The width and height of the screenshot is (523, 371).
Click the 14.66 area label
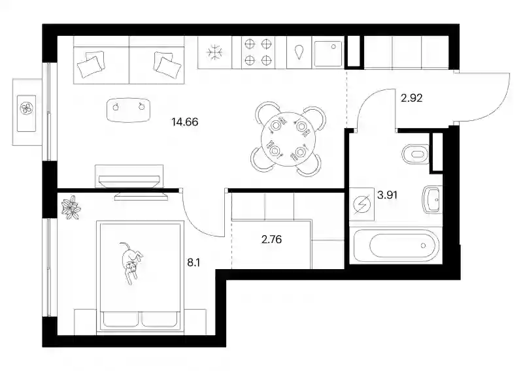tap(185, 122)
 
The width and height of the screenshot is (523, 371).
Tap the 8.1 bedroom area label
tap(194, 263)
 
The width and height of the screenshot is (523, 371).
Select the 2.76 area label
tap(271, 239)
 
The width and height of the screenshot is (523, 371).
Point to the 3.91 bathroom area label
tap(387, 195)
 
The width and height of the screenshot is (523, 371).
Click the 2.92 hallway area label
tap(412, 98)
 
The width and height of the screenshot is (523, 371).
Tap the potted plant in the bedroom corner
tap(71, 207)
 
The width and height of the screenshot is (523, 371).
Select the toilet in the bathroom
tap(415, 154)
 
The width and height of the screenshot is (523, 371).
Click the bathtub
tap(396, 246)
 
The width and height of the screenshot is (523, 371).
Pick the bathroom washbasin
tap(432, 200)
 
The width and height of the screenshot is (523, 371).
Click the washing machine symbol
tap(362, 204)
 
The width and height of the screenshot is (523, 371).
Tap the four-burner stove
tap(258, 52)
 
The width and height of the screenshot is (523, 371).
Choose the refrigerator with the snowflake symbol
tap(215, 52)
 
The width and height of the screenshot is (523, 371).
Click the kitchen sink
tap(328, 54)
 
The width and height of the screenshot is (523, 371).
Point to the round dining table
tap(288, 140)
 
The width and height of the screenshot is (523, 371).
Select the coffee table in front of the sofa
tap(128, 110)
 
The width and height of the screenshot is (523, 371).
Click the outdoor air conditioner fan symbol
tap(26, 108)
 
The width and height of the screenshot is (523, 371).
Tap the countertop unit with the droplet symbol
tap(299, 52)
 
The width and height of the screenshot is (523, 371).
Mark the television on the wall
tap(129, 182)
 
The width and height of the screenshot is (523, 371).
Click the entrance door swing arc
tap(495, 106)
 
